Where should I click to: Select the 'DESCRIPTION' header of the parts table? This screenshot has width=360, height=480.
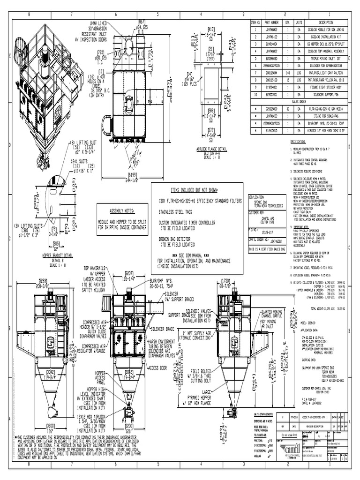(x=326, y=22)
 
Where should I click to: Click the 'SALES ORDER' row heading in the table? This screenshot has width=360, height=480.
(x=298, y=101)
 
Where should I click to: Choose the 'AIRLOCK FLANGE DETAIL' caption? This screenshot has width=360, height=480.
(x=211, y=149)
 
